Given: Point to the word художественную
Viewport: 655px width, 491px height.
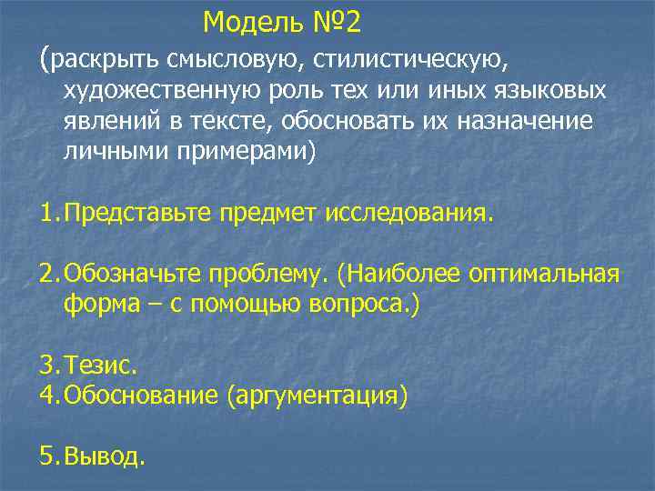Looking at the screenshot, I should [165, 92].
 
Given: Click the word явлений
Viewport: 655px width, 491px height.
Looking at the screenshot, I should [106, 122].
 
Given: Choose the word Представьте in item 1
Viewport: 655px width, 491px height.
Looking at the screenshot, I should [141, 213].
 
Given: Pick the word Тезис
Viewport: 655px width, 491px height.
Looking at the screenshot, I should [99, 366].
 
